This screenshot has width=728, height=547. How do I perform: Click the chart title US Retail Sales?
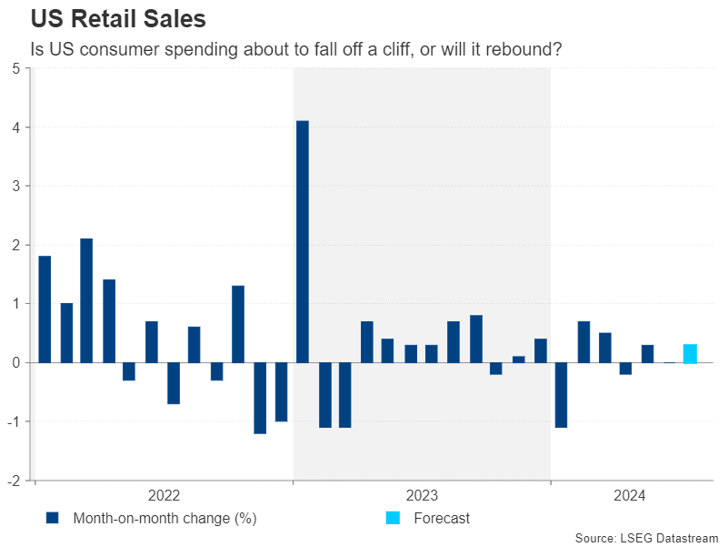(118, 19)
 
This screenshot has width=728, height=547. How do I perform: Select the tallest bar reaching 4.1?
(303, 241)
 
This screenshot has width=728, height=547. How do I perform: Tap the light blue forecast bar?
(690, 354)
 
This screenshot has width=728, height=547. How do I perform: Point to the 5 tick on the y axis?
(17, 68)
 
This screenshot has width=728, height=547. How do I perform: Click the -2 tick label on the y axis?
(15, 481)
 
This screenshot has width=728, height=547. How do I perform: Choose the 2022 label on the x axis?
(164, 496)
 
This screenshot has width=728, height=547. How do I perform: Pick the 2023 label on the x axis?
(422, 496)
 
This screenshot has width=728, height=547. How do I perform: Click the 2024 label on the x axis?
(630, 496)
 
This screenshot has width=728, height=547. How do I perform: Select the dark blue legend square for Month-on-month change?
(53, 519)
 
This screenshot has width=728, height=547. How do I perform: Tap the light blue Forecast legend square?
(393, 519)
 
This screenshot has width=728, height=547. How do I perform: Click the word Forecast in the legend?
(442, 519)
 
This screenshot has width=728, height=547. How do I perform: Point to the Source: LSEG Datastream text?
(647, 538)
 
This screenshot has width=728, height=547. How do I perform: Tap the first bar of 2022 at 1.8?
(45, 309)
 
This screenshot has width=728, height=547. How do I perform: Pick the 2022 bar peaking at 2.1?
(86, 300)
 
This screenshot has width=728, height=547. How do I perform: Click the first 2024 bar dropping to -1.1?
(561, 394)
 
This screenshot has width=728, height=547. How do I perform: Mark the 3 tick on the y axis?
(17, 186)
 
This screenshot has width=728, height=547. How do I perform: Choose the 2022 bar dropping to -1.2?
(260, 398)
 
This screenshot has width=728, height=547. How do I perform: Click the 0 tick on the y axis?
(17, 362)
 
